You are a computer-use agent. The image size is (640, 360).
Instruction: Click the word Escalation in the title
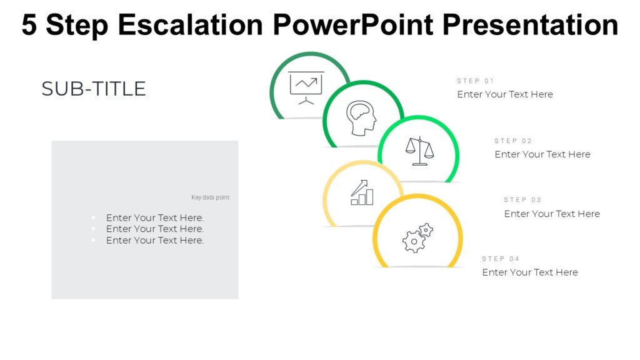(x=191, y=25)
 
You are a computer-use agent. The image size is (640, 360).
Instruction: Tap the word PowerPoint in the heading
(x=353, y=25)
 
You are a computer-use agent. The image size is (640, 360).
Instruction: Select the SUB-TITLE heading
(x=94, y=89)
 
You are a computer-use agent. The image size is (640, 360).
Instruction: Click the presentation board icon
(x=306, y=88)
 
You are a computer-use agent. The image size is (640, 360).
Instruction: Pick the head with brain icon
(x=361, y=118)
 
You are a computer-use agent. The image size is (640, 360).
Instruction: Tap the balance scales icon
(x=419, y=151)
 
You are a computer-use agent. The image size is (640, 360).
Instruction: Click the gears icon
(x=417, y=237)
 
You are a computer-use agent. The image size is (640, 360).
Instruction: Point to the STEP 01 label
(x=475, y=81)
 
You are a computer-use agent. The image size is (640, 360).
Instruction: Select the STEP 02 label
(x=513, y=141)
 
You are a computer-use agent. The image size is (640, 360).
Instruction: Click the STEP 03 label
(x=522, y=200)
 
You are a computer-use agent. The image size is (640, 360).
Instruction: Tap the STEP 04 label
(x=501, y=259)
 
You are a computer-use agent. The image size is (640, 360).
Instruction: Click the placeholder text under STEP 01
(x=505, y=94)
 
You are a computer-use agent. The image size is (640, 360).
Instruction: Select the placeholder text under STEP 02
(x=542, y=154)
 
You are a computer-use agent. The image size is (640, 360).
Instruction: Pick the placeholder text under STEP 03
(x=552, y=214)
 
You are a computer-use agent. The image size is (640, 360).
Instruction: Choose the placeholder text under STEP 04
(x=530, y=272)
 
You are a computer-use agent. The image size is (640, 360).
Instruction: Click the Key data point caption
(x=210, y=197)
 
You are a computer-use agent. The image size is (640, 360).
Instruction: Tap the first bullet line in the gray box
(x=155, y=218)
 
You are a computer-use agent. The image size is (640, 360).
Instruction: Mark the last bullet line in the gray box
(x=155, y=241)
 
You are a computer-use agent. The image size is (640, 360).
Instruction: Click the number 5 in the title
(x=29, y=25)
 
